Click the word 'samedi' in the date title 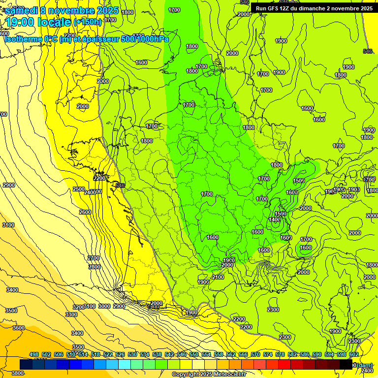click(22, 10)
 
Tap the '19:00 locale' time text click(38, 22)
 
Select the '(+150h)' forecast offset click(87, 22)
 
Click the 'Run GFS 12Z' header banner click(312, 8)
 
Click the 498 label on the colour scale click(34, 354)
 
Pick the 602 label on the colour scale click(353, 354)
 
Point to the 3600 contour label click(19, 328)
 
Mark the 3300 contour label click(71, 314)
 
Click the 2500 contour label click(78, 189)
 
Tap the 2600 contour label click(85, 212)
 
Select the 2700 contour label click(94, 258)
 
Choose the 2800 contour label click(94, 267)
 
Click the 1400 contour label click(275, 220)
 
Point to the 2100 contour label click(218, 277)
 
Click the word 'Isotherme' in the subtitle click(23, 39)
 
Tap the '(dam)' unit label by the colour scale click(365, 365)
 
